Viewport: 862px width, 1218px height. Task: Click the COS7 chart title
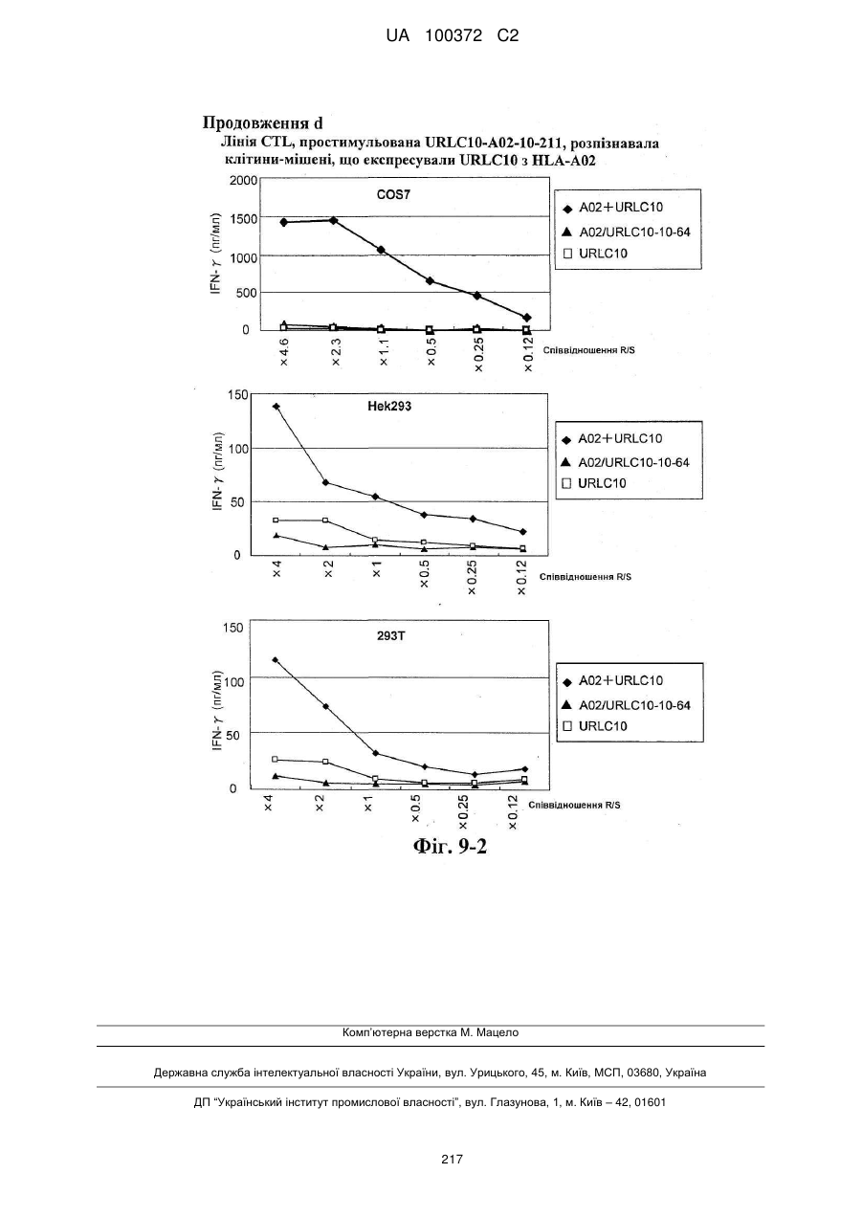point(393,194)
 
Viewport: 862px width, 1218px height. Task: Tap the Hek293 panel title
point(390,407)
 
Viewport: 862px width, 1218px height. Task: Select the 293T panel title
point(391,635)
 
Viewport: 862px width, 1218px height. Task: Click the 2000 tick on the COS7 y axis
point(243,181)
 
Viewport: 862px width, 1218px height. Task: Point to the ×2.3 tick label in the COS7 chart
point(336,352)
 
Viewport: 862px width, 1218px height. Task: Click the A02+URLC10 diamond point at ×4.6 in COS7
point(283,222)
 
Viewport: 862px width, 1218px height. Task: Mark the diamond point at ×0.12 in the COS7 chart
point(526,318)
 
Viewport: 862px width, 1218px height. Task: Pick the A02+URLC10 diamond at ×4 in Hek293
point(276,407)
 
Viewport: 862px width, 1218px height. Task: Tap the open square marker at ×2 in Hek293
point(325,520)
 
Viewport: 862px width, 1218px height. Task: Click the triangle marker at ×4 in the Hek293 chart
point(276,536)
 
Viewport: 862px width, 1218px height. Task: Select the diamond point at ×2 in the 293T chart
point(325,706)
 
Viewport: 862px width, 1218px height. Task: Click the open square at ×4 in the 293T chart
point(275,759)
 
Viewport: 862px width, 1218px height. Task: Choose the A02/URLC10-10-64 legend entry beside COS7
point(626,233)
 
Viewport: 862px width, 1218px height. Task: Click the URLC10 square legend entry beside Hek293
point(593,483)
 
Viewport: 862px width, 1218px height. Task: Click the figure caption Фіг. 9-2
point(451,846)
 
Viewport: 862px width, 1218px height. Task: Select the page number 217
point(452,1160)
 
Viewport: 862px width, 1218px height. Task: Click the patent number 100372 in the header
point(453,36)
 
